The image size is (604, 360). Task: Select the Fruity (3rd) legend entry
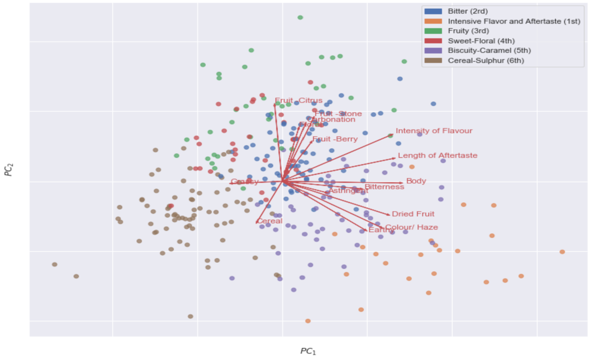click(x=465, y=30)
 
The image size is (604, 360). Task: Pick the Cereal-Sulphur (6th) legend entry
click(x=486, y=61)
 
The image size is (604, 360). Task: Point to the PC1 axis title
click(x=308, y=351)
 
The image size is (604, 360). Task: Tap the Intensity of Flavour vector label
click(x=434, y=131)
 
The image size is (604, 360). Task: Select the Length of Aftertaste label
click(x=437, y=155)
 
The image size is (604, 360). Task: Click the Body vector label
click(x=416, y=181)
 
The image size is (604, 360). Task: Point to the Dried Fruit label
click(x=413, y=214)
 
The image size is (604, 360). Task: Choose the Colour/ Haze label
click(x=411, y=227)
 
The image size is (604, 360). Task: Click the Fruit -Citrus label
click(x=299, y=100)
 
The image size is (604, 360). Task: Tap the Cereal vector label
click(x=269, y=221)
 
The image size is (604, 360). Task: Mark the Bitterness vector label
click(x=384, y=187)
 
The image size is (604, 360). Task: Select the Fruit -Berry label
click(x=335, y=139)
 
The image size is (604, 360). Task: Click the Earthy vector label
click(x=381, y=230)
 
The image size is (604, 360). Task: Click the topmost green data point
click(x=300, y=17)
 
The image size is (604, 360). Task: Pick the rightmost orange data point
click(x=562, y=251)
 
